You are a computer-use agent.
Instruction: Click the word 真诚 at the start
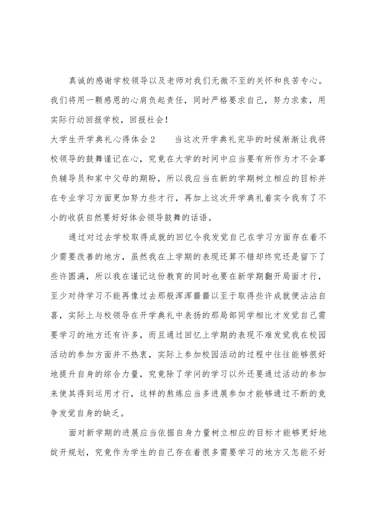[77, 81]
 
